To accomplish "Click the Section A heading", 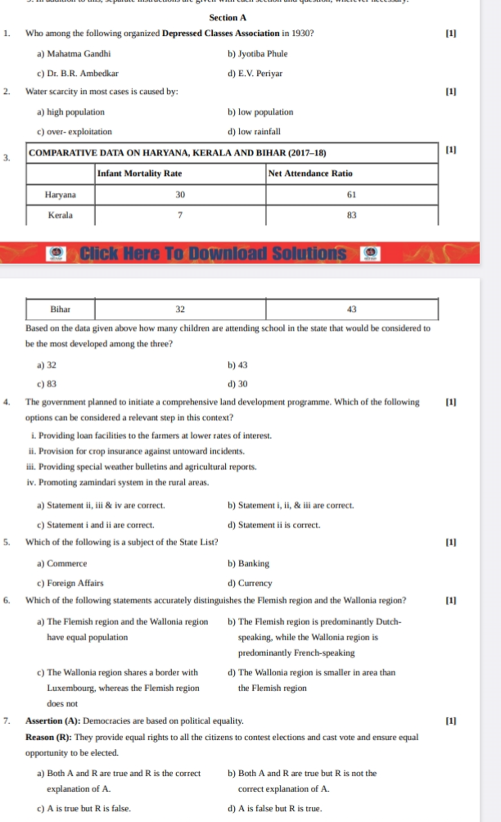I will [x=228, y=18].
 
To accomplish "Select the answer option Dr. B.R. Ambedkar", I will [x=82, y=74].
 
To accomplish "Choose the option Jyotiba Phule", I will [x=262, y=54].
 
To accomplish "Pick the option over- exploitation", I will [x=79, y=132].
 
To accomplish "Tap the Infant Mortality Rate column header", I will [x=139, y=174].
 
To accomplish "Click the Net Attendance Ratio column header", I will [x=310, y=174].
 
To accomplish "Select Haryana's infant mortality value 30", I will [x=180, y=195].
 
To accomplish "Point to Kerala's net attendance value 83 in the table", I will [x=352, y=215].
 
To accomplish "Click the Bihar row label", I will [x=60, y=309].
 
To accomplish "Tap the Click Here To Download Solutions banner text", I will [x=213, y=253].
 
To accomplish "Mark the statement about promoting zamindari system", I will [x=118, y=483].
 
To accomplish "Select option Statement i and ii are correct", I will [x=100, y=525].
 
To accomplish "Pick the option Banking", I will [x=253, y=564].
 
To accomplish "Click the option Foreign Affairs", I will [x=75, y=583].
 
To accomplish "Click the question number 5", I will [x=6, y=542].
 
